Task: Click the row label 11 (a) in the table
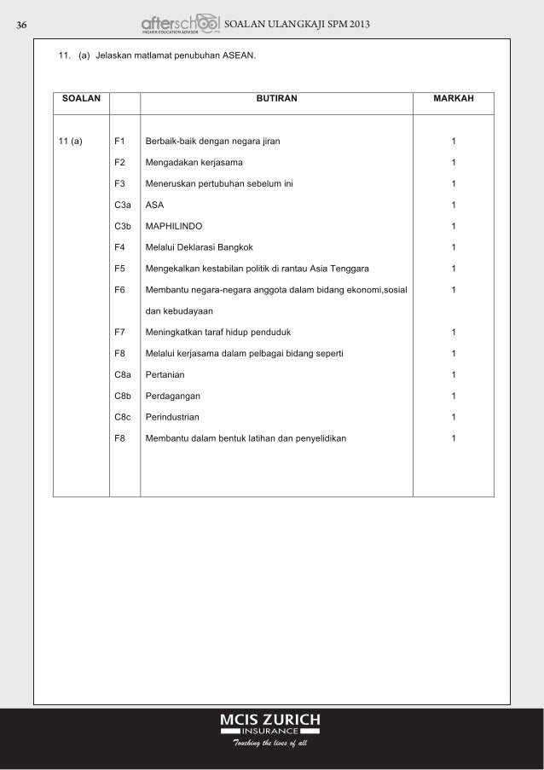click(70, 141)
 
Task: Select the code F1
click(119, 141)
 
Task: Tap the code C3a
click(122, 205)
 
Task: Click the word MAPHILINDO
click(177, 226)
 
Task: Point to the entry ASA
click(154, 205)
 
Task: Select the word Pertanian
click(166, 374)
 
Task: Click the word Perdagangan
click(173, 396)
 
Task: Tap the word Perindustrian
click(173, 417)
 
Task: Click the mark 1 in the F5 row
click(454, 269)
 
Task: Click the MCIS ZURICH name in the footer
click(270, 720)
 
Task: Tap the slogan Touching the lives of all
click(269, 744)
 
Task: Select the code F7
click(119, 332)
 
